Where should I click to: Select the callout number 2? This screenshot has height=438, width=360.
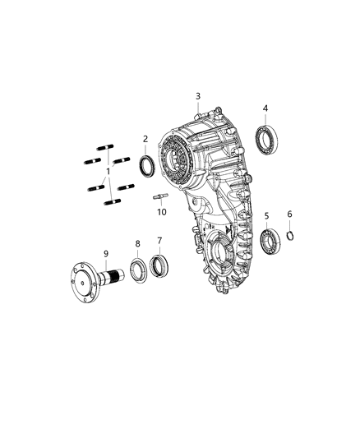pos(145,139)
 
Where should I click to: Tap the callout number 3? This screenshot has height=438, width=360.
pos(198,97)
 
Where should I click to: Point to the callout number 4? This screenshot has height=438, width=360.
pos(265,108)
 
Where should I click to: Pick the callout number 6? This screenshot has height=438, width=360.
pos(289,215)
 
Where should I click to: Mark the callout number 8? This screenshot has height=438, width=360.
pos(138,243)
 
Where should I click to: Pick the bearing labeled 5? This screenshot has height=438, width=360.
pos(269,242)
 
